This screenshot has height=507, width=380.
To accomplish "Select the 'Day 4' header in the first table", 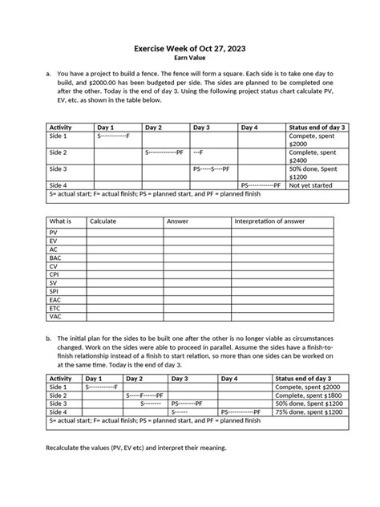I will (x=249, y=128).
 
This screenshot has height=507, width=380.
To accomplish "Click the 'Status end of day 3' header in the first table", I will (x=317, y=128).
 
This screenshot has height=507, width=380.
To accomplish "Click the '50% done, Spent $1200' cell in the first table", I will (x=317, y=172).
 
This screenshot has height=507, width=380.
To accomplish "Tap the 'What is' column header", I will (x=61, y=221).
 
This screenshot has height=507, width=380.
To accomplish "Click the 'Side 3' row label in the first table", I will (x=59, y=168).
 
